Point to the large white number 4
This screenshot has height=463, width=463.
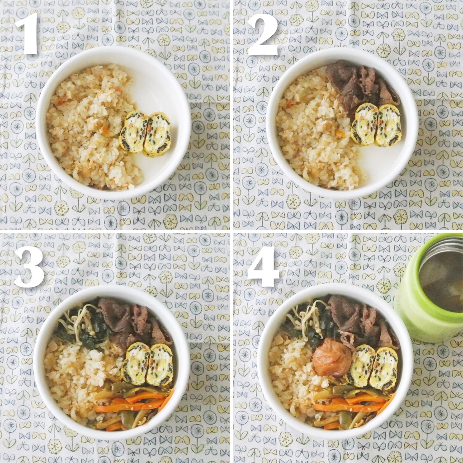click(x=263, y=266)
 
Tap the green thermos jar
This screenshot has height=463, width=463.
click(x=430, y=288)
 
